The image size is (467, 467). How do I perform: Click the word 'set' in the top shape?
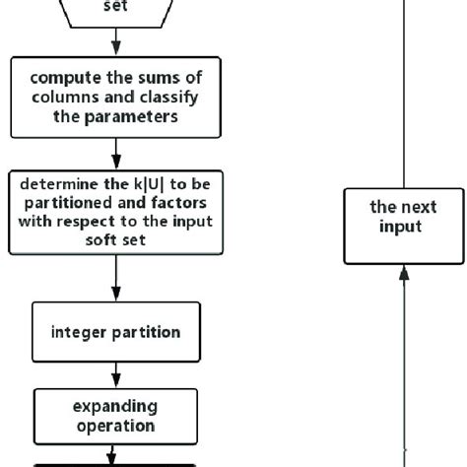pos(115,6)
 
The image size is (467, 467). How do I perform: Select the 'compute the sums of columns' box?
pos(115,97)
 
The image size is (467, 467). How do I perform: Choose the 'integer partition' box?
pos(115,332)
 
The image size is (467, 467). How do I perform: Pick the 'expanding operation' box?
pos(115,415)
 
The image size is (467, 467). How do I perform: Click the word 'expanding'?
pos(115,406)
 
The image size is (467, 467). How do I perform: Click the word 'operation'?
pos(115,426)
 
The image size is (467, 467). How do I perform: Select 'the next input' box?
pos(403,226)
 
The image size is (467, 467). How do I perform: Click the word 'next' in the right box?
pos(418,208)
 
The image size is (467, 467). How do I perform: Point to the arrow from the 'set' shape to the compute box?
pos(115,41)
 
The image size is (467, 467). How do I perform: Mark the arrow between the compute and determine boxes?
pos(115,153)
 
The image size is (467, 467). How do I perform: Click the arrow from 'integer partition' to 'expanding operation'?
pos(115,374)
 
